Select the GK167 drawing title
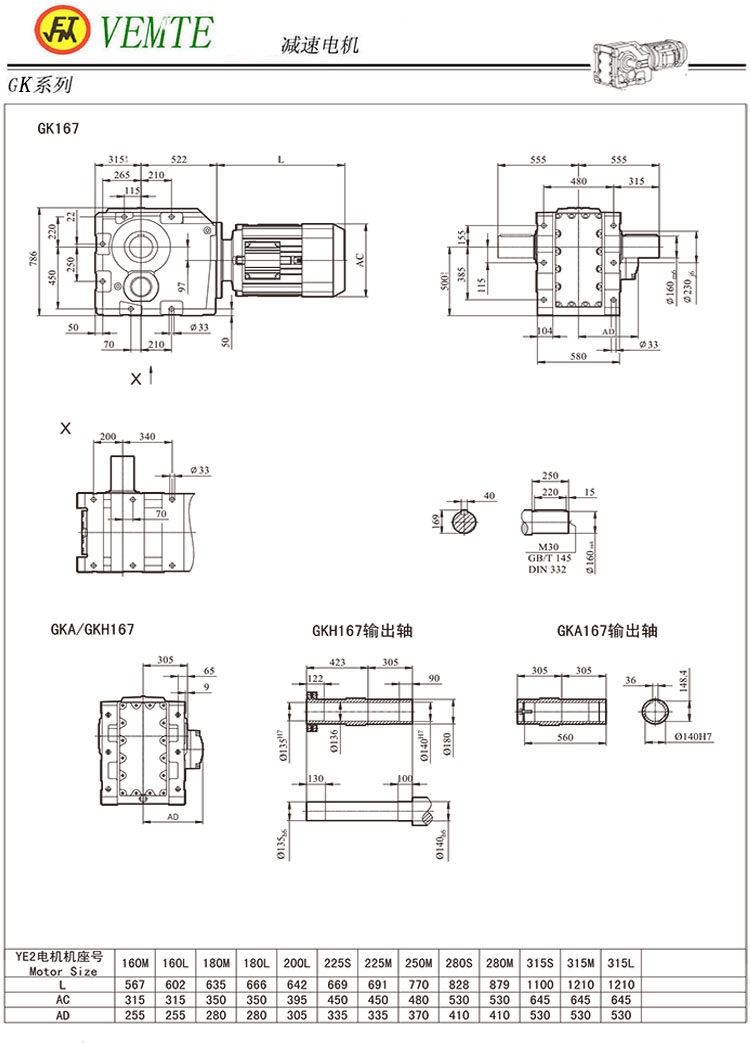58,128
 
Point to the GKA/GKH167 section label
92,629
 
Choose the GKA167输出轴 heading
607,630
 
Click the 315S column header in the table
540,963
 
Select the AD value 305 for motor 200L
296,1016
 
